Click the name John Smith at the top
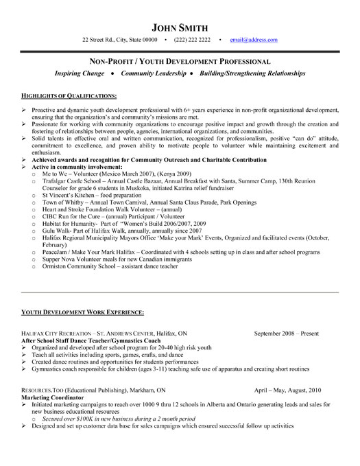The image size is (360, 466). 180,27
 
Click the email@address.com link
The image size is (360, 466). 254,40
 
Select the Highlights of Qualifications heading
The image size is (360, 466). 69,95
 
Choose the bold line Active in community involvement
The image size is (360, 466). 79,166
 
